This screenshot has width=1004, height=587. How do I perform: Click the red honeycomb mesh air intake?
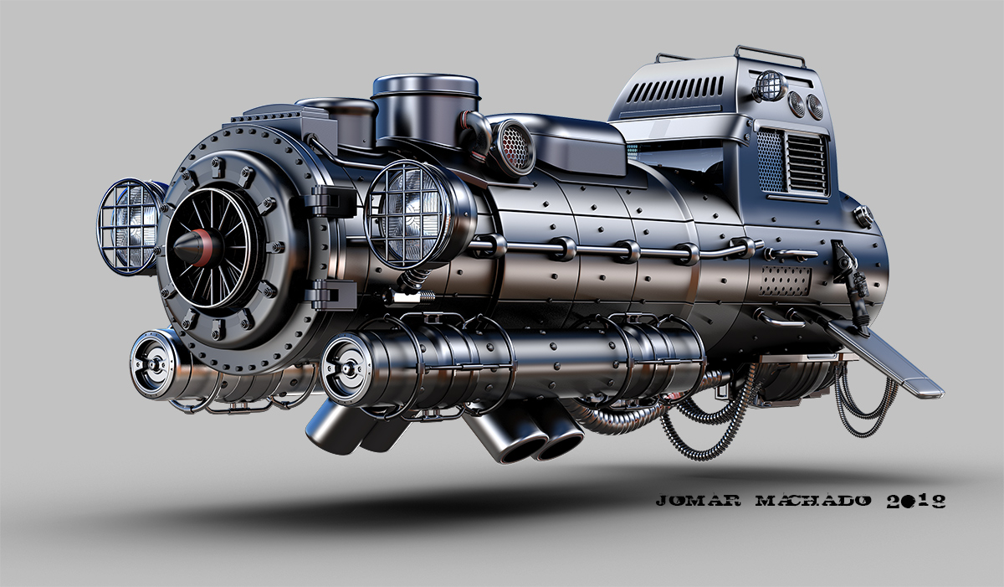point(516,147)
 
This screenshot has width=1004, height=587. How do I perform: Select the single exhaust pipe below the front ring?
point(335,427)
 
